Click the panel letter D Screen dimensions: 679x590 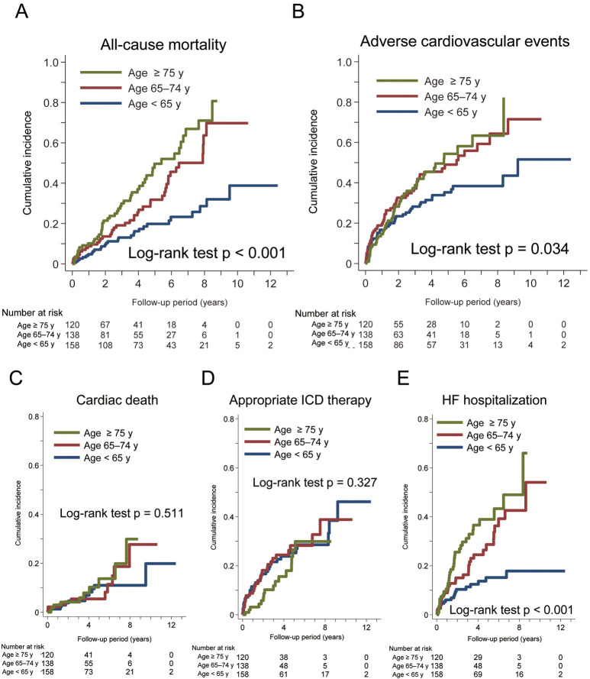tap(205, 394)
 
